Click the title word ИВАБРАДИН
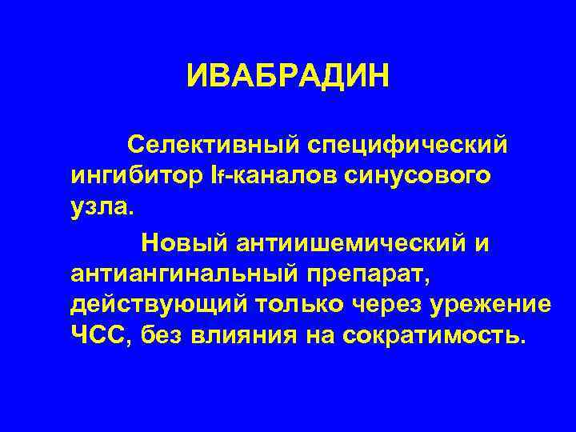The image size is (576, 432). pyautogui.click(x=287, y=78)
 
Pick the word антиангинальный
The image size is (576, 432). pyautogui.click(x=181, y=275)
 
